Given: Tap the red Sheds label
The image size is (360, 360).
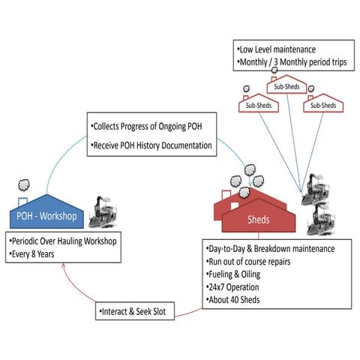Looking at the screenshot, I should pos(258,220).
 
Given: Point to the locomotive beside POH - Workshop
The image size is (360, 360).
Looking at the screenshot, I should pos(105,214).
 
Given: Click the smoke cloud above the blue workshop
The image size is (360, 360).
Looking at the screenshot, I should pos(24,184).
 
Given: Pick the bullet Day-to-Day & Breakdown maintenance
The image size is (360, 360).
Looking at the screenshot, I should pos(274,249).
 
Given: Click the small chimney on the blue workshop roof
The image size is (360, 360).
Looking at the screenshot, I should pos(23,201).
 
